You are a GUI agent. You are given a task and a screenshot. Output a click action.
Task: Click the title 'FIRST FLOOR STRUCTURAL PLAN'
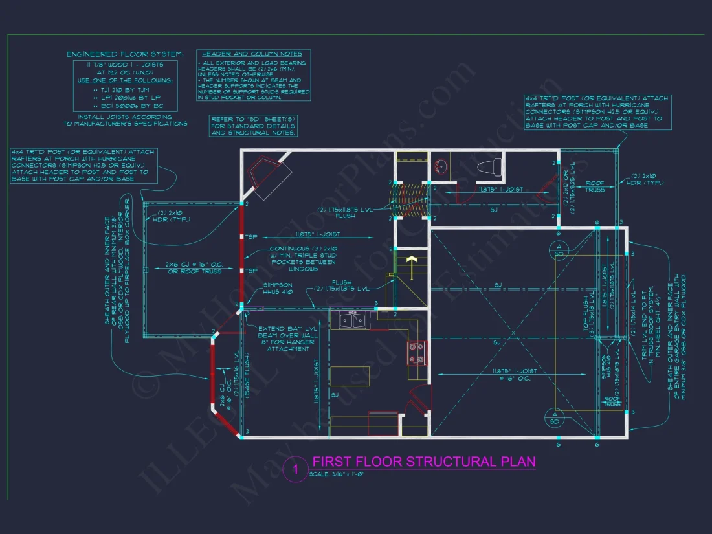click(x=423, y=462)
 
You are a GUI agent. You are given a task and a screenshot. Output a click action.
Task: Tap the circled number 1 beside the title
click(x=295, y=470)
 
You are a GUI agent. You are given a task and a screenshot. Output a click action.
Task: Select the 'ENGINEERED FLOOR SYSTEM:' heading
click(x=126, y=54)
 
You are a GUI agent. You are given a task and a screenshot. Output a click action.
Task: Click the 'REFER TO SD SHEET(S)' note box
click(x=254, y=126)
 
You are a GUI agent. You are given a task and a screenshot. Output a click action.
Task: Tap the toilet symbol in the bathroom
click(x=489, y=168)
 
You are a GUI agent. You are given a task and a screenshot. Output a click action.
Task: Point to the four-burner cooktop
click(x=416, y=354)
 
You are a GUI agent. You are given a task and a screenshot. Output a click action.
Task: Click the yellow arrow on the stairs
click(x=409, y=260)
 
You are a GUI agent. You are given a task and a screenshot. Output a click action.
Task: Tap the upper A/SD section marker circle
click(x=557, y=250)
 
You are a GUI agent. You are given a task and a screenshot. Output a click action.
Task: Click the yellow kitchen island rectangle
click(x=350, y=376)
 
